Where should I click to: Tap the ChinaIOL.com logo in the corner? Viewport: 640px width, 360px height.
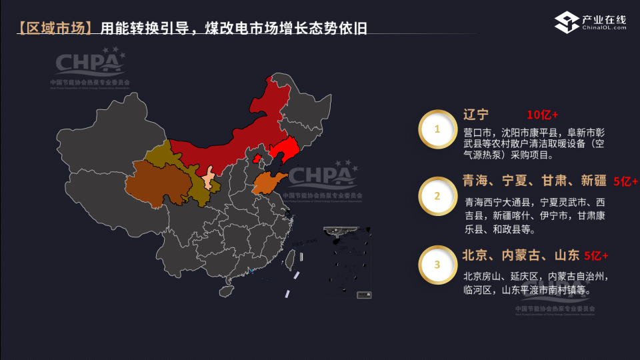(591, 23)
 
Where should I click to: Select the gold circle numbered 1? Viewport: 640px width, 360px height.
(437, 129)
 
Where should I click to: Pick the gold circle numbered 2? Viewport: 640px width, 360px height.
(437, 196)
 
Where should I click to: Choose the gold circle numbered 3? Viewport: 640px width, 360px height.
(437, 265)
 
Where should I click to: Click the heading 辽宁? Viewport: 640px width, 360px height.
(476, 114)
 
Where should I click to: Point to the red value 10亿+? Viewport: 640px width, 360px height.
(542, 114)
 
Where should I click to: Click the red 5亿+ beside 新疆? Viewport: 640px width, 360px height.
(625, 181)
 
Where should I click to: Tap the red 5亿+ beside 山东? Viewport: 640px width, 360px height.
(596, 255)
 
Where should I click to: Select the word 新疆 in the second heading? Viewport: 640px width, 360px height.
(593, 180)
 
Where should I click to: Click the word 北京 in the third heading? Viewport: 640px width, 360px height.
(477, 255)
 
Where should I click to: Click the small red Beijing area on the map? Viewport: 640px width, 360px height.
(257, 158)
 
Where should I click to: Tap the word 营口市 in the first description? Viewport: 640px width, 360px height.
(477, 132)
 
